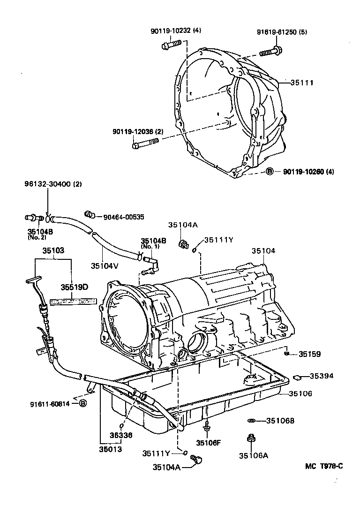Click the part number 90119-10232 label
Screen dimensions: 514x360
169,31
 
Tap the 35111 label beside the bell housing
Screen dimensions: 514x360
301,83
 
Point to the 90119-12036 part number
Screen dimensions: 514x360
137,132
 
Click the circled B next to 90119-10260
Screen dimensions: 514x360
270,172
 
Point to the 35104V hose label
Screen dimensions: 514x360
104,265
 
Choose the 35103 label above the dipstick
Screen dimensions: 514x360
53,251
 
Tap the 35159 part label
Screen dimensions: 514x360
310,355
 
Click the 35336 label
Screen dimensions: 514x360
121,435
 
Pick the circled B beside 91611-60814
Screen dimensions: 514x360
82,403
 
